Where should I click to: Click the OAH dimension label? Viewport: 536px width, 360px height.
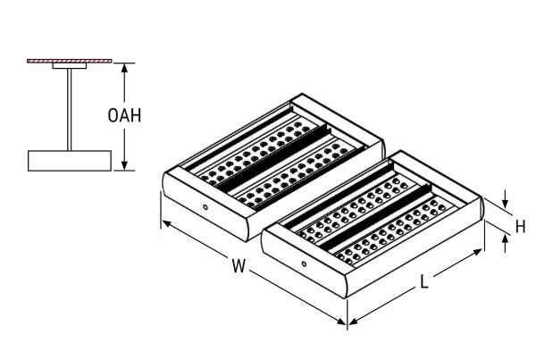[124, 115]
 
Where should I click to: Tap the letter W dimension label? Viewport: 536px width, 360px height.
[239, 265]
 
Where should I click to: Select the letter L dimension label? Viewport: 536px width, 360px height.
[423, 282]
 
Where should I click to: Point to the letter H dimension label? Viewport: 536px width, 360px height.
[520, 226]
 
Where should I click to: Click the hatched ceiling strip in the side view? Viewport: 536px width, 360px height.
[70, 61]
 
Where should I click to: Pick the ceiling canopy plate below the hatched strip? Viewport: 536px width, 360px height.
[70, 65]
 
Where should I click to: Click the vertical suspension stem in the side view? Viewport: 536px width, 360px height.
[70, 109]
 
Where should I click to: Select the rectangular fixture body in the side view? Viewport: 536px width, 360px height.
[70, 161]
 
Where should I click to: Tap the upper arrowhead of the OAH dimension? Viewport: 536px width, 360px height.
[124, 68]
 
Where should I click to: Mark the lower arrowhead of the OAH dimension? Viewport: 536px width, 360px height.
[124, 165]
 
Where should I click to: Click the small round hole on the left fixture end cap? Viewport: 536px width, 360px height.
[205, 207]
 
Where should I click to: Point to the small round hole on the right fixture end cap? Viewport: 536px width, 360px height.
[304, 264]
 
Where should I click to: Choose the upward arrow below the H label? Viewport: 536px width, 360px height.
[506, 244]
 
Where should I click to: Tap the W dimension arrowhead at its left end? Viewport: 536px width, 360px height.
[166, 223]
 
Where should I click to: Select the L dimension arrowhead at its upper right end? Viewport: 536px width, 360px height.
[477, 252]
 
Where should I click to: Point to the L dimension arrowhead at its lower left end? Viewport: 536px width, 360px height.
[354, 321]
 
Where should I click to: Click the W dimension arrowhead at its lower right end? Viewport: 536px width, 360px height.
[341, 321]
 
